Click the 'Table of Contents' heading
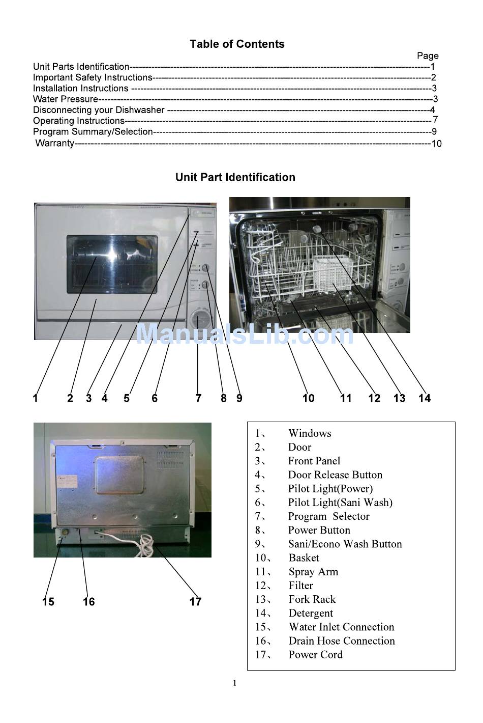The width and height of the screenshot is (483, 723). (237, 44)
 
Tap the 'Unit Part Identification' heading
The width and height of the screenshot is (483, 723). (235, 177)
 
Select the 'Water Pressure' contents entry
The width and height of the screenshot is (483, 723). (65, 99)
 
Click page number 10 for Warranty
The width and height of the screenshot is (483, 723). (436, 144)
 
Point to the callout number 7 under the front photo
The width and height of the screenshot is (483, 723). (198, 398)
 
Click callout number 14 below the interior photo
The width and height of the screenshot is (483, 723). (424, 398)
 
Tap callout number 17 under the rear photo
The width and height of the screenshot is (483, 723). (195, 602)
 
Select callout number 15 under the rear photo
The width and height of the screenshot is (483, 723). (48, 602)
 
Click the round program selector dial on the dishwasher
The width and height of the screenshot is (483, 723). (201, 320)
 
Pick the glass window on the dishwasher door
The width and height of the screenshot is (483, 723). (112, 264)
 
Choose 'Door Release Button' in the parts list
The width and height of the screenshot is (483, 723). (335, 475)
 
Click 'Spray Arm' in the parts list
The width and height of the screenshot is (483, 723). (313, 572)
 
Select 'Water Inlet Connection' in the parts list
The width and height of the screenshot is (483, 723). (341, 627)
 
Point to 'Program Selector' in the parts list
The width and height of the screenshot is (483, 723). (328, 516)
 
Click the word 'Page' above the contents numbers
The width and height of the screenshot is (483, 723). (428, 55)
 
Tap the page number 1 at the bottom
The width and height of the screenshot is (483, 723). (234, 683)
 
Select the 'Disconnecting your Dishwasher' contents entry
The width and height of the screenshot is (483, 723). (99, 110)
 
